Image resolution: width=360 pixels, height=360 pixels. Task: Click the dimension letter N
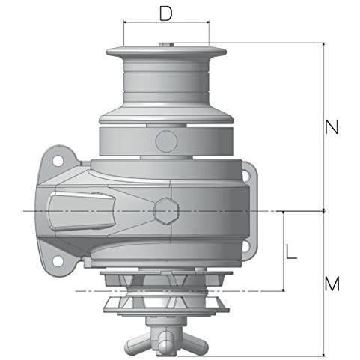coord(332,127)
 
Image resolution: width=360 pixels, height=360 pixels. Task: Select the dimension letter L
coord(291,251)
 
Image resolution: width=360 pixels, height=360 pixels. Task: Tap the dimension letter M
coord(332,284)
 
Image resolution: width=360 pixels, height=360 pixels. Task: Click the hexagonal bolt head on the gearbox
coord(166,211)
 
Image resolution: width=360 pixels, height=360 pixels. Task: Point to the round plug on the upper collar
coord(166,141)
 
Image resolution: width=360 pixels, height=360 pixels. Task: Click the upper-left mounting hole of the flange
coord(58,161)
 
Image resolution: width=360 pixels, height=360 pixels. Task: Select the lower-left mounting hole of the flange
coord(58,261)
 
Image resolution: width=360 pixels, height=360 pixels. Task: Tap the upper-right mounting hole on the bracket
coord(245,175)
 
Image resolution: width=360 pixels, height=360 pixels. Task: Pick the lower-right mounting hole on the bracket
coord(245,246)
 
